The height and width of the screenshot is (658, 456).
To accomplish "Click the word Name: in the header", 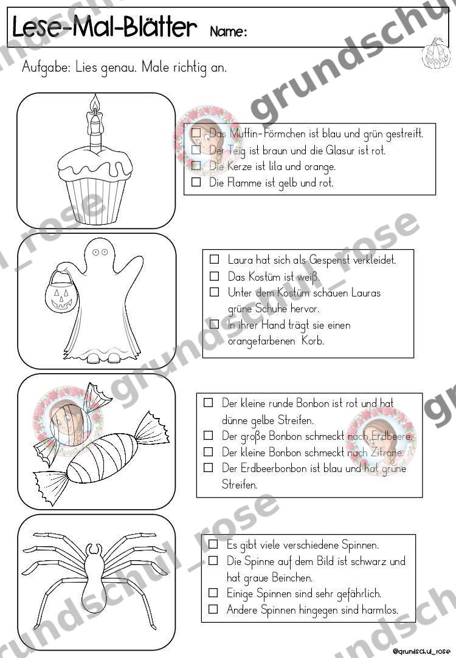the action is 228,32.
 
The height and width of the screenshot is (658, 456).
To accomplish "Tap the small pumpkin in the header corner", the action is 435,53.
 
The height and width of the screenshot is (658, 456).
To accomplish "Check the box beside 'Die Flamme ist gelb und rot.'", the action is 196,182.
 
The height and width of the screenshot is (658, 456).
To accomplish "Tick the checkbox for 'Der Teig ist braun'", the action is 196,149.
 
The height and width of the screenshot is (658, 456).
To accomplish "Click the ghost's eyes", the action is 100,252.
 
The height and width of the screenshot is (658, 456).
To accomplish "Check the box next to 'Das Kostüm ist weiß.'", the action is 214,276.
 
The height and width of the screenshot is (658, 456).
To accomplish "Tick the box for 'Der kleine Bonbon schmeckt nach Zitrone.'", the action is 209,451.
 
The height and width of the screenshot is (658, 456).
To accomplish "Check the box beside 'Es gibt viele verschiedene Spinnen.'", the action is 213,544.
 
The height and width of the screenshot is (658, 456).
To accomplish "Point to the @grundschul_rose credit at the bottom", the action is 421,651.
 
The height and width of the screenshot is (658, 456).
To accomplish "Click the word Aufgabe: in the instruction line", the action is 46,67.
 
